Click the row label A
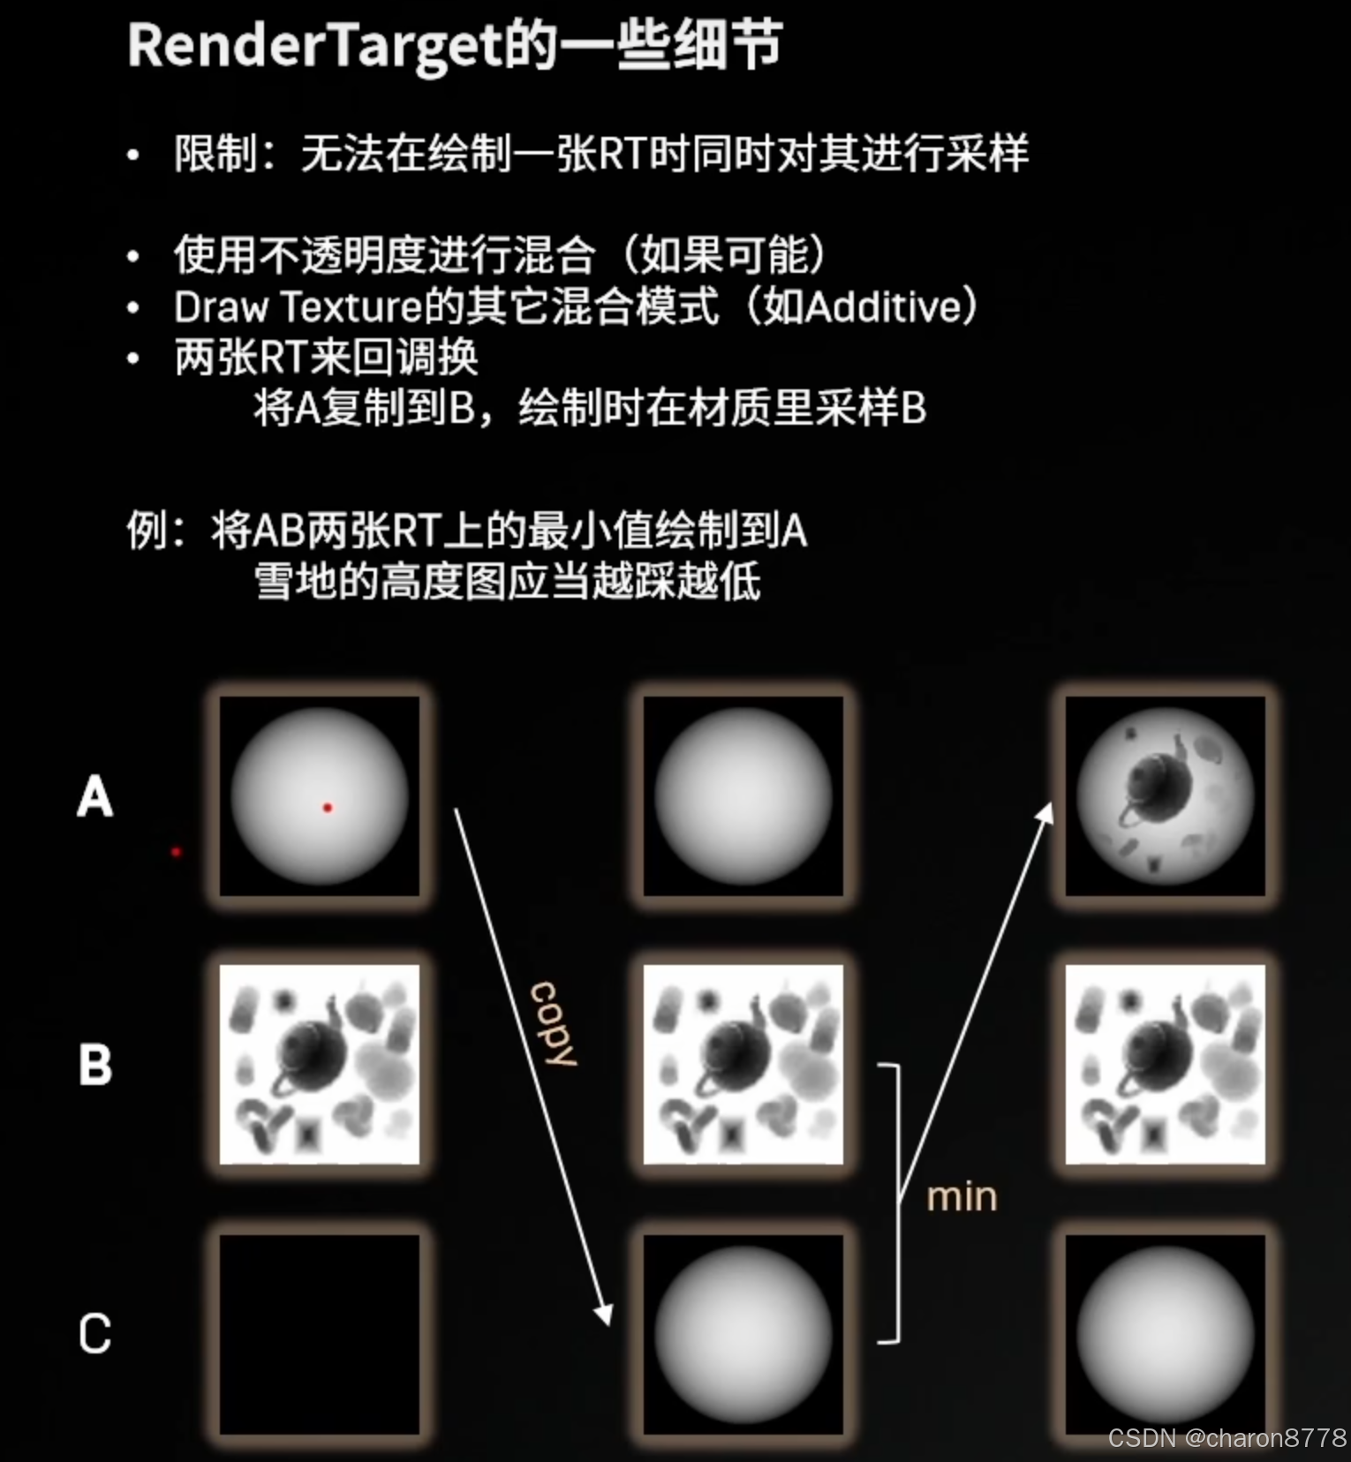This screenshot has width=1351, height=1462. click(95, 796)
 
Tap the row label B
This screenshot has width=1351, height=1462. click(95, 1065)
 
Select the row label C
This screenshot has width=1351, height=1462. click(95, 1333)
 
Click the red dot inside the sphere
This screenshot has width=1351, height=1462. click(328, 808)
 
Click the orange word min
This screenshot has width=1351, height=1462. click(962, 1197)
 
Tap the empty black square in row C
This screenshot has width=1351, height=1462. click(320, 1333)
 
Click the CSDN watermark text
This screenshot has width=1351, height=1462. click(1227, 1437)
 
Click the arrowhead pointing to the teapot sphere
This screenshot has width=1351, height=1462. click(1045, 812)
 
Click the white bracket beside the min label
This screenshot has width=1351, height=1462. click(895, 1204)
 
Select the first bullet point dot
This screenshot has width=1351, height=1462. click(133, 155)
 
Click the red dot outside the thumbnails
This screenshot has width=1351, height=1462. click(177, 852)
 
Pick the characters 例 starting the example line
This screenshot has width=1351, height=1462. click(147, 531)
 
